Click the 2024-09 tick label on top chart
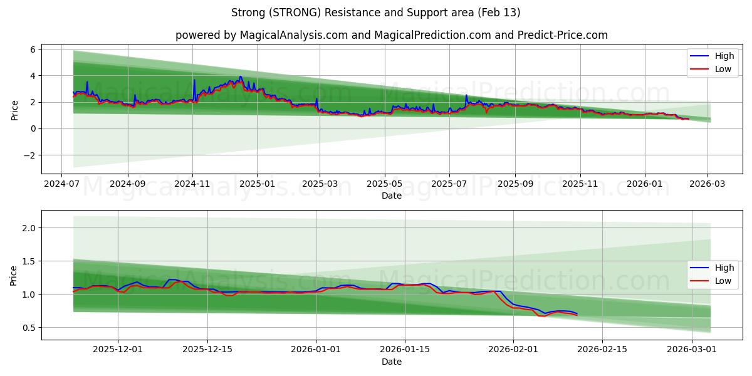click(127, 184)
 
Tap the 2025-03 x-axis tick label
click(320, 184)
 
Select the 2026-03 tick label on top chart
click(708, 184)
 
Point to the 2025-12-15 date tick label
click(207, 350)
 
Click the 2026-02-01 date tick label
click(513, 350)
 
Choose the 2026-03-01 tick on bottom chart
click(691, 350)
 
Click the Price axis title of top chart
click(14, 110)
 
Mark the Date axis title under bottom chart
click(392, 362)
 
